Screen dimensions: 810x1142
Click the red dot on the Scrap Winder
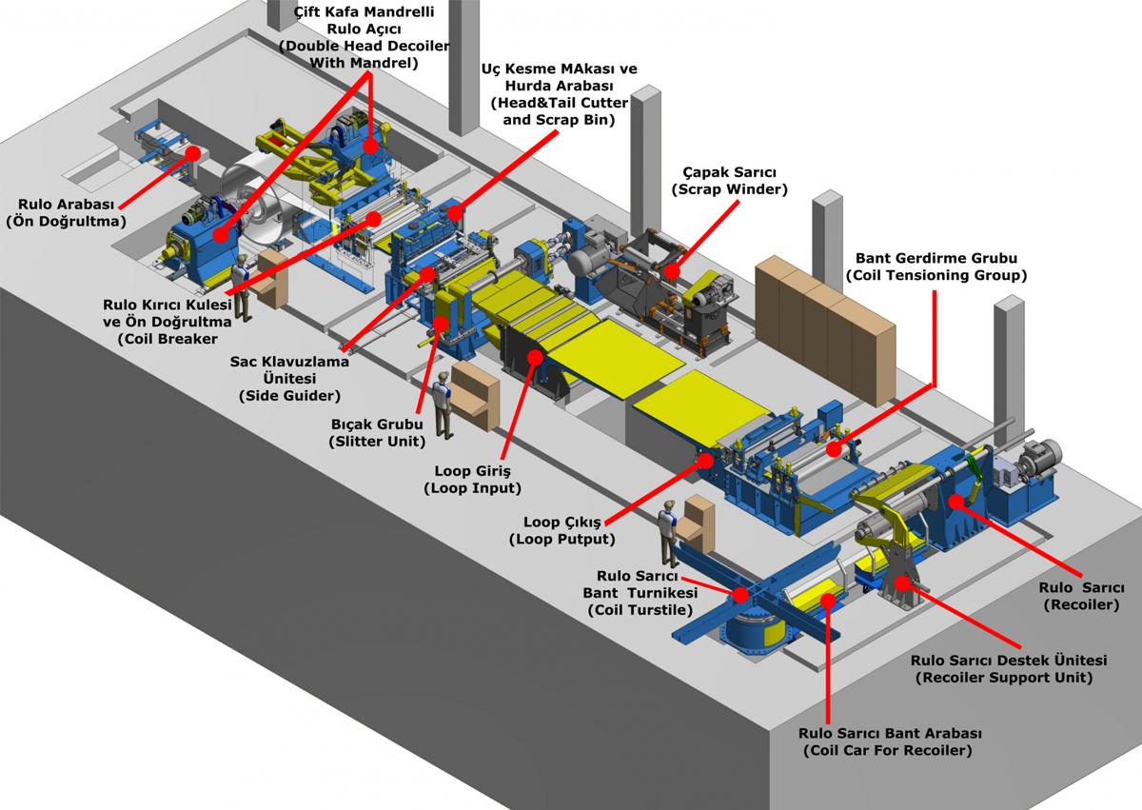pos(673,270)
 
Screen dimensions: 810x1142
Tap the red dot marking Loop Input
pos(535,359)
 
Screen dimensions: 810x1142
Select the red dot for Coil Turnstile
pos(740,595)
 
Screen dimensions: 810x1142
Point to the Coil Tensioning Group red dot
pos(835,448)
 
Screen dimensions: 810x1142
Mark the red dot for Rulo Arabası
pos(192,152)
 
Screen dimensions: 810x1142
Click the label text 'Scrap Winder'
pos(729,189)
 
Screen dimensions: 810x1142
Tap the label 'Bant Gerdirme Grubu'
pos(936,258)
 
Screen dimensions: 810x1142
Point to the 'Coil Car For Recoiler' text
pos(889,751)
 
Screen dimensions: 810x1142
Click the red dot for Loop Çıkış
pos(705,459)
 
